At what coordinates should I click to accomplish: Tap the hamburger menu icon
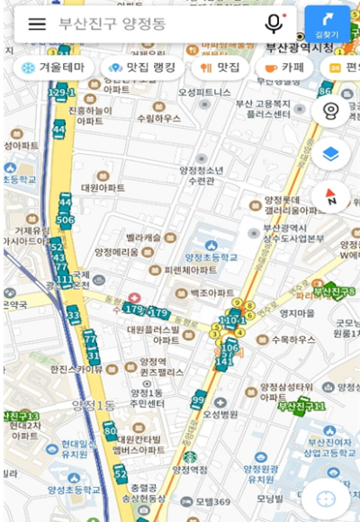(x=37, y=24)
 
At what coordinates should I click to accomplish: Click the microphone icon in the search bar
(x=274, y=24)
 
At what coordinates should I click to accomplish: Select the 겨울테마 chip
(x=54, y=67)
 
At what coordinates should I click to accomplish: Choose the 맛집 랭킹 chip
(x=142, y=67)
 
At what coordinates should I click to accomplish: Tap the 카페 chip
(x=283, y=67)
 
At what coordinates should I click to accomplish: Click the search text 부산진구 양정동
(x=112, y=24)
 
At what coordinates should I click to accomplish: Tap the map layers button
(x=330, y=154)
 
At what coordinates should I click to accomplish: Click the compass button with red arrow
(x=330, y=196)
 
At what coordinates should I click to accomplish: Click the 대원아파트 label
(x=103, y=188)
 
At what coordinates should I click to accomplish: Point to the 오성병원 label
(x=220, y=414)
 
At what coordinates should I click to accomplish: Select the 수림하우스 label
(x=157, y=117)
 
